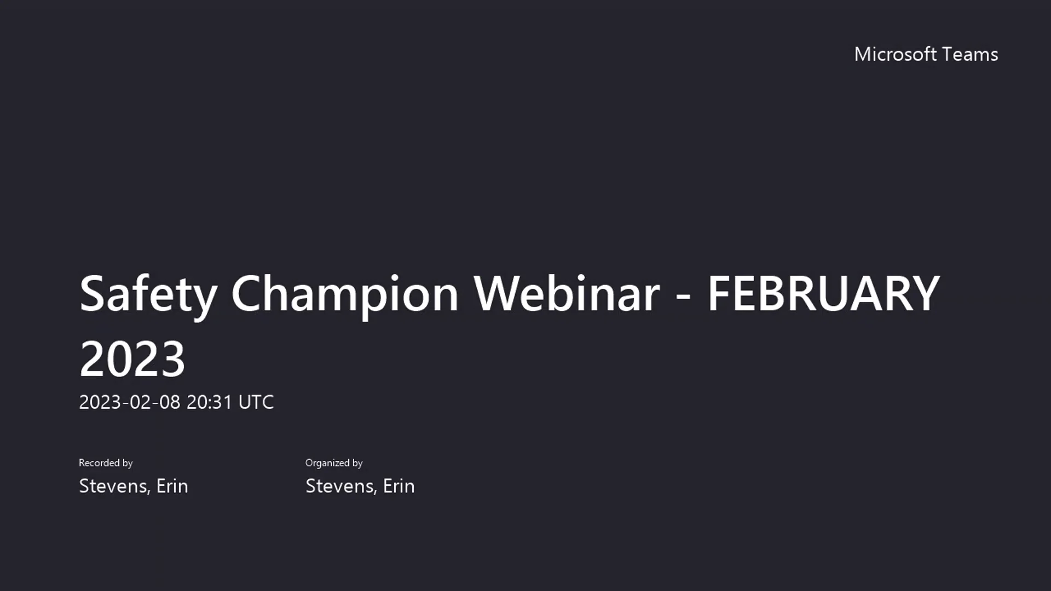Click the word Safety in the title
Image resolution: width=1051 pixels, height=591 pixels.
(148, 294)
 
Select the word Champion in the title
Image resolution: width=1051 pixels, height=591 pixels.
(344, 294)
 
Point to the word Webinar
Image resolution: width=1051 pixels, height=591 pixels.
(567, 294)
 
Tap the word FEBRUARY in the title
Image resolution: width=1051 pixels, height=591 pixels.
(823, 294)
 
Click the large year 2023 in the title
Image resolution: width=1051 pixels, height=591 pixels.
(132, 359)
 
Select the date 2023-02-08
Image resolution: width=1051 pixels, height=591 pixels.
(130, 402)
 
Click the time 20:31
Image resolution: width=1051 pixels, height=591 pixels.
(210, 402)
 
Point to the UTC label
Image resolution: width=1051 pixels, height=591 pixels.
(256, 402)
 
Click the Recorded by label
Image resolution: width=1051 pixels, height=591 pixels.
(106, 463)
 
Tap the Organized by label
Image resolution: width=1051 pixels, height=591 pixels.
(334, 463)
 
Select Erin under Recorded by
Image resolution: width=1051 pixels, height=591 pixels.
(172, 486)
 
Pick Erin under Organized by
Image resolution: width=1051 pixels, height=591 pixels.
(399, 486)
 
